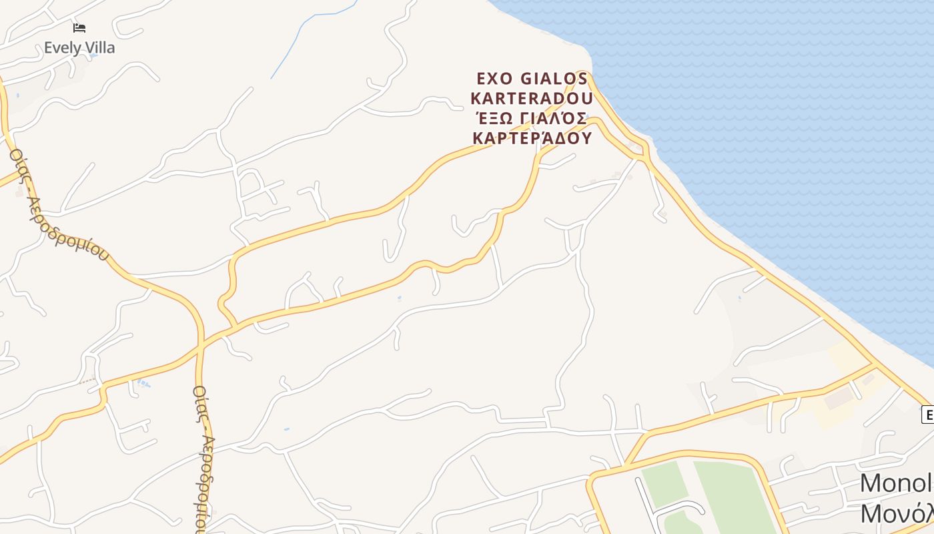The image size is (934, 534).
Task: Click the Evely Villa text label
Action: (79, 48)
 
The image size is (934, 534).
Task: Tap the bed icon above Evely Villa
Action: (79, 28)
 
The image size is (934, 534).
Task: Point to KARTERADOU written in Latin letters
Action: (532, 99)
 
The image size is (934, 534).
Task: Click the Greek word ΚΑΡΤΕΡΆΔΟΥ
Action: (532, 138)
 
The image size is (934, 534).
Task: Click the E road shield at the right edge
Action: (927, 415)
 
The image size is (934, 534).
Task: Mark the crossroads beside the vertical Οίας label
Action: (200, 346)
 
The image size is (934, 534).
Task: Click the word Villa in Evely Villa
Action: (99, 48)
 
